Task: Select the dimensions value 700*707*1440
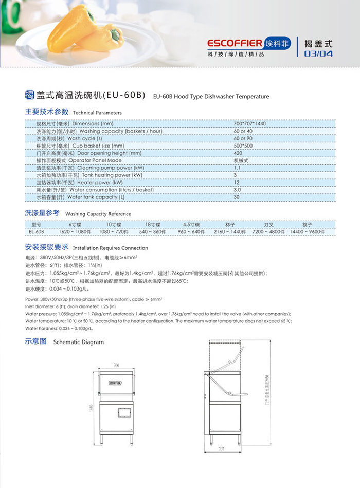pyautogui.click(x=249, y=124)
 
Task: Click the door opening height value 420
pyautogui.click(x=238, y=153)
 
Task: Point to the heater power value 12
pyautogui.click(x=237, y=183)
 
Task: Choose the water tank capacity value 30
pyautogui.click(x=237, y=197)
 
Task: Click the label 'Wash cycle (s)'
pyautogui.click(x=85, y=139)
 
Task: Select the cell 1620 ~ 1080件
pyautogui.click(x=75, y=232)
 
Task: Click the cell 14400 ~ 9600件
pyautogui.click(x=308, y=232)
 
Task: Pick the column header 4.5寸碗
pyautogui.click(x=191, y=225)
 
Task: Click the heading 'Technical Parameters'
pyautogui.click(x=97, y=112)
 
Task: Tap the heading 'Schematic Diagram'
pyautogui.click(x=78, y=342)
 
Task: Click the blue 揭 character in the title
pyautogui.click(x=29, y=95)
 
